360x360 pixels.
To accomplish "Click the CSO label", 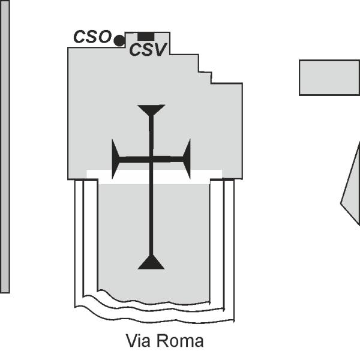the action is pos(92,37).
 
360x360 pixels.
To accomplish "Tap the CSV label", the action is pos(148,50).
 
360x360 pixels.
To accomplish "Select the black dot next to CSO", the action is pos(119,41).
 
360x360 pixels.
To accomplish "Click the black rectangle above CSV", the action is pos(146,37).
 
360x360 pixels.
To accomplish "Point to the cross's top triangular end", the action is pos(151,110).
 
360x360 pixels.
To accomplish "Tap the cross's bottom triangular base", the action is pos(151,262).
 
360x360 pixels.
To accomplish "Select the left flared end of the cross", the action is pos(115,159).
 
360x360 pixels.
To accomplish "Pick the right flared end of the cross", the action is pos(187,159).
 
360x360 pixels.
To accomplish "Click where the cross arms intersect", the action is pos(151,160).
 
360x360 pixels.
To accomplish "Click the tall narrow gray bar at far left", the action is pos(5,146).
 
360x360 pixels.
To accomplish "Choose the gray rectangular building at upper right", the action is pos(329,77).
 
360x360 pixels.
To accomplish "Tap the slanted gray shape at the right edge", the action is pos(351,184).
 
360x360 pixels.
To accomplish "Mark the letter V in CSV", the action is pos(160,50).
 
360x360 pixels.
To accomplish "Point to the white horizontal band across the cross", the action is pos(154,177).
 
